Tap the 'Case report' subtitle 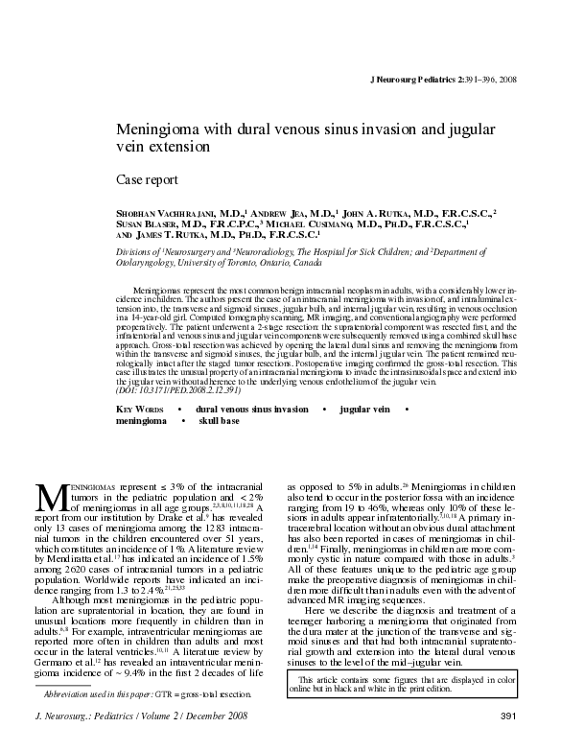click(146, 179)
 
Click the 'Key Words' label click(142, 410)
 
